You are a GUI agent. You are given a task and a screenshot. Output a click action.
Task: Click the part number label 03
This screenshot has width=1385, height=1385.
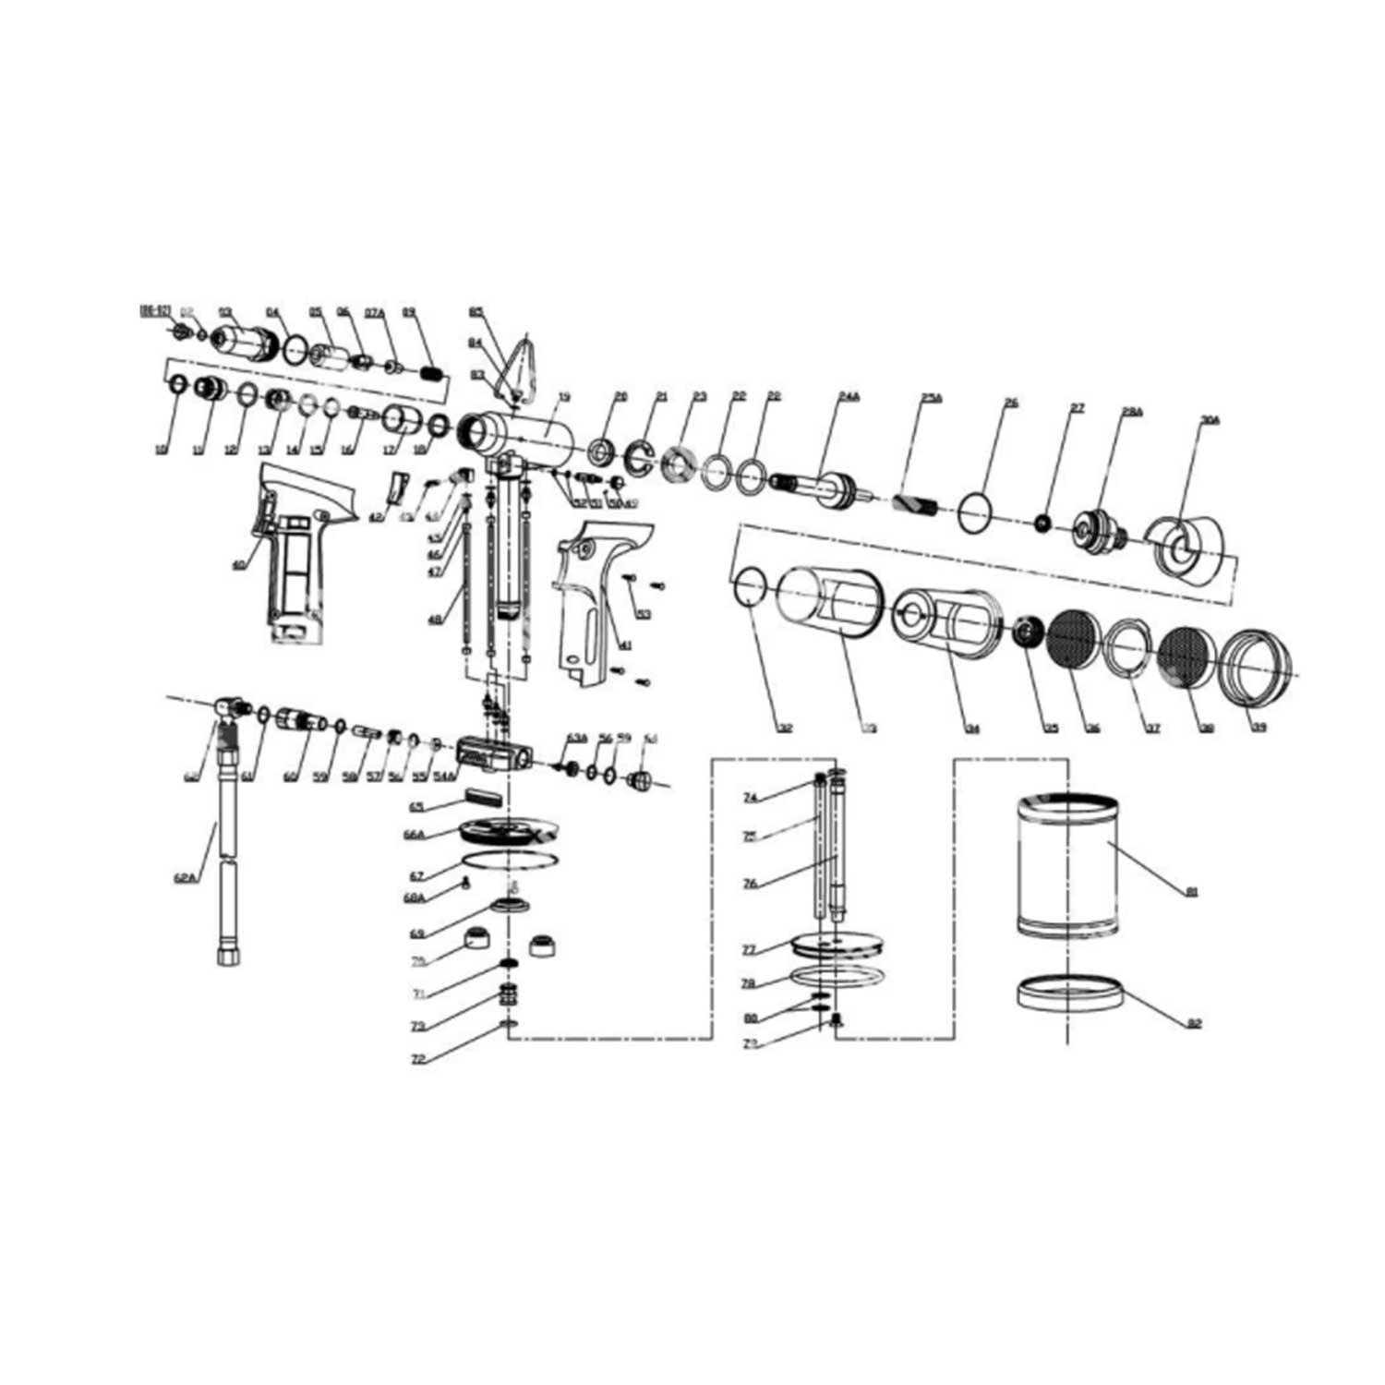coord(224,311)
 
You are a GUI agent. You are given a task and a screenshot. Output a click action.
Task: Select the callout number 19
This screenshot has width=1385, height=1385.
coord(564,397)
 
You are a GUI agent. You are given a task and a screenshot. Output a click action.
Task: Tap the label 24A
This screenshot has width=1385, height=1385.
coord(849,396)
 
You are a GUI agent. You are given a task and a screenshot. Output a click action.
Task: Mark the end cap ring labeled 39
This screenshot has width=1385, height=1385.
coord(1255,666)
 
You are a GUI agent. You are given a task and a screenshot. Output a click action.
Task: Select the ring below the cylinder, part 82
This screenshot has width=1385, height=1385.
coord(1069,994)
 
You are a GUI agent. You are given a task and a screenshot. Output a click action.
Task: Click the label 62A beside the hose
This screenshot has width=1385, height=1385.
coord(186,878)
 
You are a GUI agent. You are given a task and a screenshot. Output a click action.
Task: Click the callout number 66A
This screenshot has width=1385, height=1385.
coord(414,835)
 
